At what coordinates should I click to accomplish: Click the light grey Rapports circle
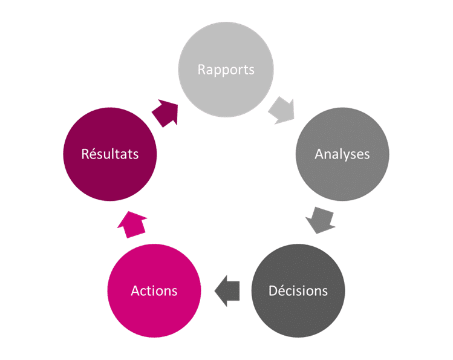226,70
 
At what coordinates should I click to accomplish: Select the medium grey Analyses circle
342,154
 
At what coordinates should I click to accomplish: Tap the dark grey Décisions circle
298,290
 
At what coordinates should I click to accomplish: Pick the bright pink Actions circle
154,290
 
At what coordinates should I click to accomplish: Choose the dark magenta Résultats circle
110,154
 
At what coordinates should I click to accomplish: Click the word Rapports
226,70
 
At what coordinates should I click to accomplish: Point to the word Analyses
342,154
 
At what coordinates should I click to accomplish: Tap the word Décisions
298,290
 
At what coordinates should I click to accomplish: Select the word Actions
154,291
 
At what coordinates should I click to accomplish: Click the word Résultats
110,154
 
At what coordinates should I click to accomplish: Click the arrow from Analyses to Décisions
320,220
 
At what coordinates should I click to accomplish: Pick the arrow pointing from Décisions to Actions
227,291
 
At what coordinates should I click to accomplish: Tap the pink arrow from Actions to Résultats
132,225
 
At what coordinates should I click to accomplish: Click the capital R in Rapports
201,70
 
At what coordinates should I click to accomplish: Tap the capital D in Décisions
273,291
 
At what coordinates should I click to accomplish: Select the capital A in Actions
135,291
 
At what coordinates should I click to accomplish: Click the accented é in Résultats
93,154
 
